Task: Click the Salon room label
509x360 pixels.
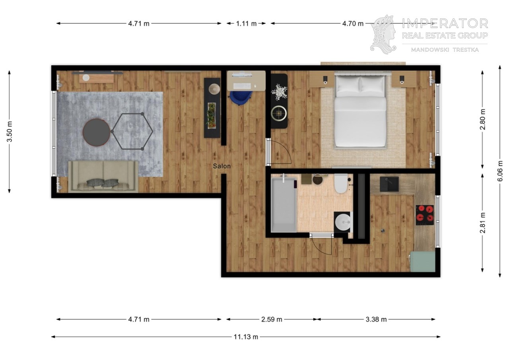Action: (222, 166)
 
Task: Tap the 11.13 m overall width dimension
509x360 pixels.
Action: (246, 337)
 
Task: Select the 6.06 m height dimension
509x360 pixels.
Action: (500, 171)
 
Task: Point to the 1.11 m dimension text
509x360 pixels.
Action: (246, 23)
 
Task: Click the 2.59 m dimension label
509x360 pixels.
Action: (272, 319)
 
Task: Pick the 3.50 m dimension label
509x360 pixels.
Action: (9, 132)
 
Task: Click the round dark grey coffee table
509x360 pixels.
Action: (96, 132)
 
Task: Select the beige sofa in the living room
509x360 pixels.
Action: (103, 177)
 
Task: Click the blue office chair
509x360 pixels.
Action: (241, 98)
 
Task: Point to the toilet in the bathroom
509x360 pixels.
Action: (341, 183)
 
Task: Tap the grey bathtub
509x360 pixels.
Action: (284, 205)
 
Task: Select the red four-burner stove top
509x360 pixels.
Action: (425, 215)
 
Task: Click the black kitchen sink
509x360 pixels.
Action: (389, 184)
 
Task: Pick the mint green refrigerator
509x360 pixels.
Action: (422, 261)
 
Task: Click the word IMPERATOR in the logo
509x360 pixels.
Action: (445, 23)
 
